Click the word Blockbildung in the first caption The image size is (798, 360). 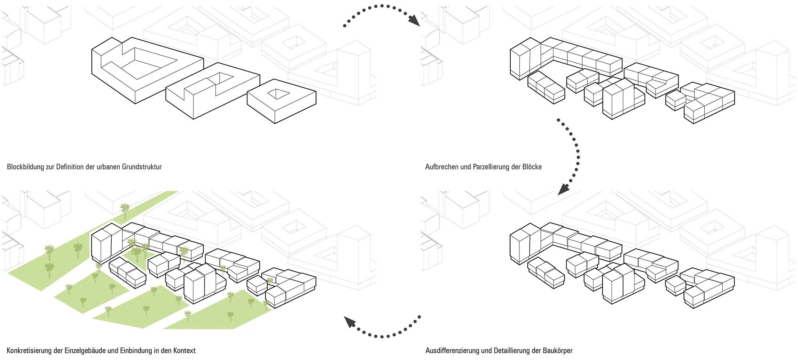click(26, 167)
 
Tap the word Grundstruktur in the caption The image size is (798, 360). click(142, 167)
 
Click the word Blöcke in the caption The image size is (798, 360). click(532, 167)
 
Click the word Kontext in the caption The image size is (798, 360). click(184, 350)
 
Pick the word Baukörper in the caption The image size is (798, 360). click(557, 350)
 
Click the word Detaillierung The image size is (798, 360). click(512, 350)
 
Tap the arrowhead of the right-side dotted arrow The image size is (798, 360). click(563, 189)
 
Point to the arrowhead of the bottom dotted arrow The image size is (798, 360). click(350, 321)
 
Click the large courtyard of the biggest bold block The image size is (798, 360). click(148, 63)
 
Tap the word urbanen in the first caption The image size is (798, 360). click(108, 167)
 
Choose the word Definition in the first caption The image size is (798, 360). click(70, 167)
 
